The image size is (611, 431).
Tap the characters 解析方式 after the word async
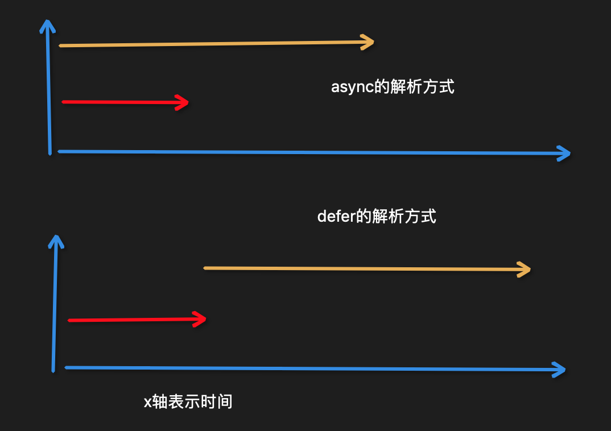point(423,88)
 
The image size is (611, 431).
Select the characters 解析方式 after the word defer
point(404,217)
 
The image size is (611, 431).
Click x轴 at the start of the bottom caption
point(156,401)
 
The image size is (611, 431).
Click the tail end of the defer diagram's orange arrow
point(205,268)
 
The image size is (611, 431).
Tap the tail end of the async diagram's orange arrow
point(60,45)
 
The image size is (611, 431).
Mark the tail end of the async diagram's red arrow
point(63,102)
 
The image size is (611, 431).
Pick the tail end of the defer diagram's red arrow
point(69,321)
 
